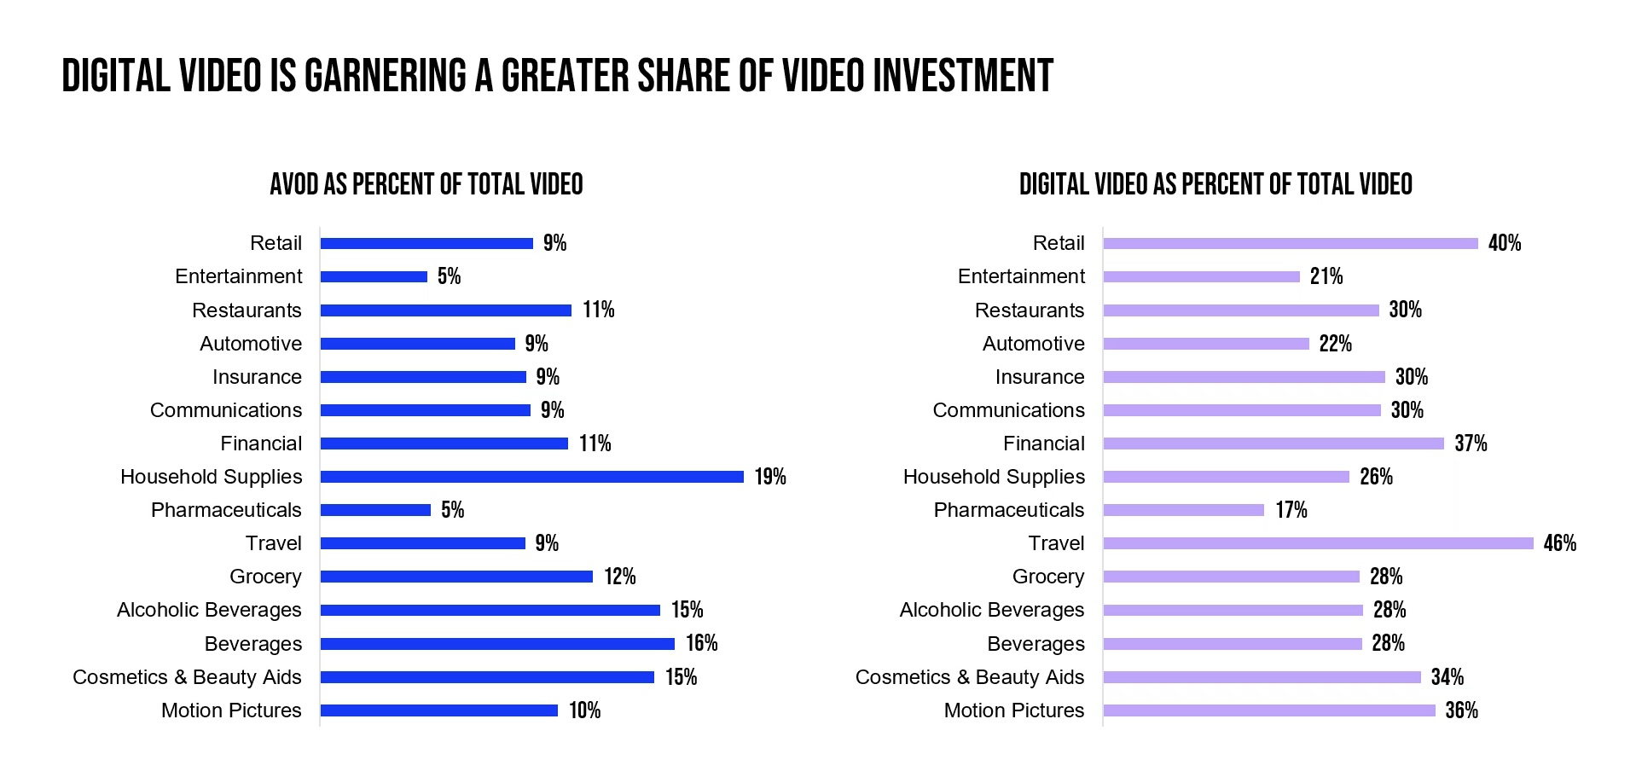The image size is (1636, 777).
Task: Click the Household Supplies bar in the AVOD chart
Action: click(x=531, y=477)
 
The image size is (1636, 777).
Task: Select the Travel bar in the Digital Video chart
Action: click(x=1318, y=543)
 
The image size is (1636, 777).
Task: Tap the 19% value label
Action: click(x=770, y=477)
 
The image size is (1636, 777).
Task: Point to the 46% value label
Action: click(x=1559, y=543)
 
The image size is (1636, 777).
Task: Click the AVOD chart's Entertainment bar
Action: click(x=374, y=276)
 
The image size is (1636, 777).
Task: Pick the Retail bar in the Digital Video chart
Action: click(x=1290, y=244)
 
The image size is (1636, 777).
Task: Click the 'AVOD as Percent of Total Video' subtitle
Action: click(x=426, y=184)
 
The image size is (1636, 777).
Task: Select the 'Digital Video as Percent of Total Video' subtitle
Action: click(x=1215, y=184)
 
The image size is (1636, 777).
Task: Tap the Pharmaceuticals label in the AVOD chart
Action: click(x=226, y=510)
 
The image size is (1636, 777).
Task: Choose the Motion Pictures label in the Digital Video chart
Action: click(x=1014, y=710)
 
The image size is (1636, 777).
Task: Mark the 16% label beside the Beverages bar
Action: click(x=701, y=643)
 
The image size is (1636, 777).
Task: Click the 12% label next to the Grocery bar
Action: click(x=620, y=577)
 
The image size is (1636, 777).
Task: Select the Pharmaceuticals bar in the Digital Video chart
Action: click(x=1183, y=510)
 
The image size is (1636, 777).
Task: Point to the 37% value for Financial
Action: click(x=1471, y=444)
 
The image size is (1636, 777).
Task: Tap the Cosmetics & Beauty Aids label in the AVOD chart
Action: click(x=187, y=677)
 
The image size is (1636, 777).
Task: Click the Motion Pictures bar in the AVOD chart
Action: click(x=438, y=710)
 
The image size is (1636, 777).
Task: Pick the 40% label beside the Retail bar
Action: click(x=1504, y=244)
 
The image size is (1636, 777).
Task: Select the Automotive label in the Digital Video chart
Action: click(x=1033, y=344)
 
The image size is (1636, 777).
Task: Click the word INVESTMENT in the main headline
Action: click(x=963, y=76)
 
